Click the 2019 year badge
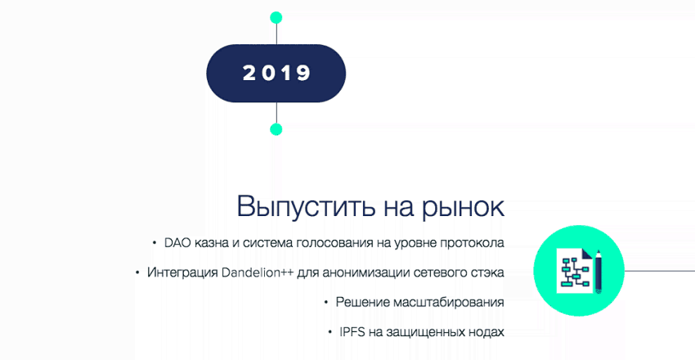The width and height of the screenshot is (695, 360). (276, 73)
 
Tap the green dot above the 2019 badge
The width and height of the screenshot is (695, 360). (276, 17)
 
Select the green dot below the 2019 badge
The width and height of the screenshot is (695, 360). (276, 129)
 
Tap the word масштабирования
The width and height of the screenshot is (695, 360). (448, 303)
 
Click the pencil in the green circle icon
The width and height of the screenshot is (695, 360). (599, 271)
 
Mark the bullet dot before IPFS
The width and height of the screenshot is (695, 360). (330, 331)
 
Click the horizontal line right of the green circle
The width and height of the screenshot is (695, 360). (660, 270)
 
